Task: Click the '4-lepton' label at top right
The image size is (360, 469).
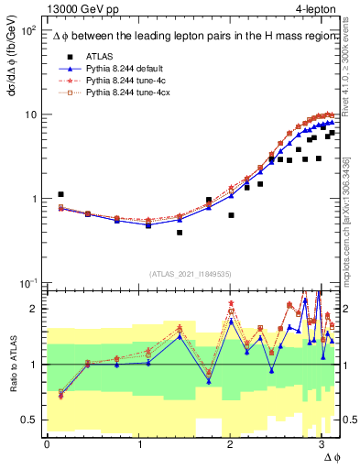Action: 313,8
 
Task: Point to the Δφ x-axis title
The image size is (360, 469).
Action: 332,455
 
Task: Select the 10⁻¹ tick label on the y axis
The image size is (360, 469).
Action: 26,283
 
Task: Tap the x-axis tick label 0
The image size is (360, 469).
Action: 47,443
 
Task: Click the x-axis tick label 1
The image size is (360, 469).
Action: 138,443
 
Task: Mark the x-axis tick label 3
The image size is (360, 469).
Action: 322,443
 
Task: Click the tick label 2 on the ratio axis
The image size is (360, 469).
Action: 34,309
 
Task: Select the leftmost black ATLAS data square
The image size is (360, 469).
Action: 60,194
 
